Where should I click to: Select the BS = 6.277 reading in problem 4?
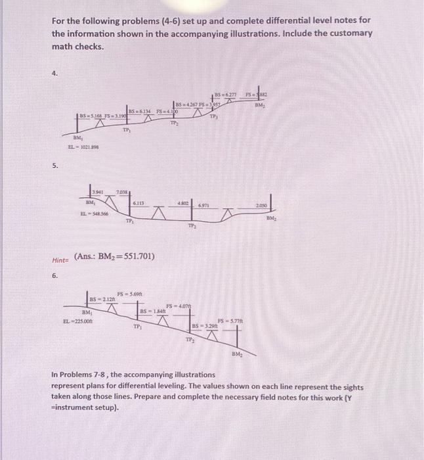click(229, 95)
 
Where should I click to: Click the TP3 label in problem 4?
click(213, 118)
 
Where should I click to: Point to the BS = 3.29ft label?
click(203, 327)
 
